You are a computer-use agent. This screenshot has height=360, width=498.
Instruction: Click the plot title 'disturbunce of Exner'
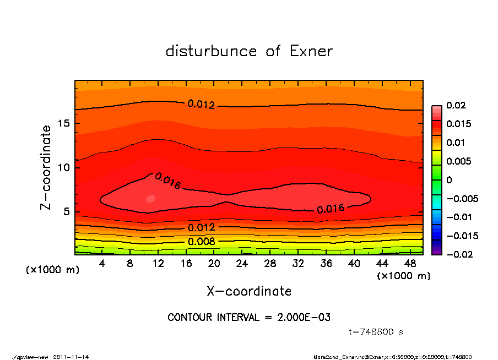coord(249,52)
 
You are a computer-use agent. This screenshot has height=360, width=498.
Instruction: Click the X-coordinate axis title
coord(249,291)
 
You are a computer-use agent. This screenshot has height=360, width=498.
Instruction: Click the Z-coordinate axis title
coord(46,167)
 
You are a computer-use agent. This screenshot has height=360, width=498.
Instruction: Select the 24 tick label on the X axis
coord(242,264)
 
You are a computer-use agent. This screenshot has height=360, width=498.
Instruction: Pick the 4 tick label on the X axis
coord(102,264)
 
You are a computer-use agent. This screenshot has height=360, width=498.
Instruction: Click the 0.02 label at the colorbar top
coord(456,106)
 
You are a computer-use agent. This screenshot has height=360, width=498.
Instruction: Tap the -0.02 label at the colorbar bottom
coord(458,254)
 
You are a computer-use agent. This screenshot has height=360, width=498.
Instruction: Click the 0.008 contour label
coord(201,241)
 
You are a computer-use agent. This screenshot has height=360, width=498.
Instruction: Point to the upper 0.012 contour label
coord(201,104)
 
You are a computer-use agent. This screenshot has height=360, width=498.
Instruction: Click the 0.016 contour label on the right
coord(330,209)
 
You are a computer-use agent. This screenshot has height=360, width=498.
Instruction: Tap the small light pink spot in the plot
coord(151,198)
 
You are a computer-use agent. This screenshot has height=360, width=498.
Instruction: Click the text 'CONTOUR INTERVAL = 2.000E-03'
coord(249,318)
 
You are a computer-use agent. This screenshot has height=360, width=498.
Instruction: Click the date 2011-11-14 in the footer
coord(71,357)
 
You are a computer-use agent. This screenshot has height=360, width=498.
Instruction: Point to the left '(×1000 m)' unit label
coord(47,270)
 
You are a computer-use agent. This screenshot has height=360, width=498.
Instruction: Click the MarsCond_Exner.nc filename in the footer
coord(335,357)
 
